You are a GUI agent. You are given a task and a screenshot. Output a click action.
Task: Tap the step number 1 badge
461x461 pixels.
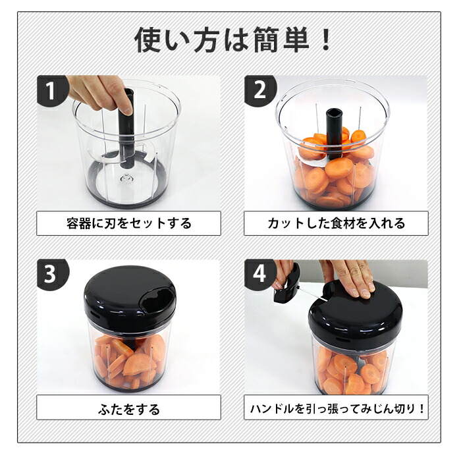tap(51, 90)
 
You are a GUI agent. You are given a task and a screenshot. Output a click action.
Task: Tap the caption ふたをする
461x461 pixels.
tap(128, 409)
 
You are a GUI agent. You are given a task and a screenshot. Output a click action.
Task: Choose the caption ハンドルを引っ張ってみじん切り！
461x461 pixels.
tap(336, 409)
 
